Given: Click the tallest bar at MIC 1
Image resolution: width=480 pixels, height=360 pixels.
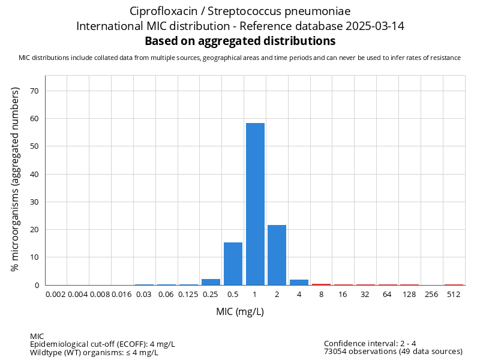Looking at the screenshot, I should [255, 204].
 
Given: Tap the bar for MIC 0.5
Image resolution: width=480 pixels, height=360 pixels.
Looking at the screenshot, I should [233, 264].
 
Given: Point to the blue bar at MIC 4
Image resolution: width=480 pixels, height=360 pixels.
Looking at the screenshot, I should [299, 282].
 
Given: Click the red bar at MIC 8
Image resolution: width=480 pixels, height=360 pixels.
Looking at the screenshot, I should [321, 284].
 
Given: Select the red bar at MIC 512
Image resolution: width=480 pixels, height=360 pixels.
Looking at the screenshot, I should [454, 284].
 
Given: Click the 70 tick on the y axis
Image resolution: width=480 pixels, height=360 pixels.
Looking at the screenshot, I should [34, 91].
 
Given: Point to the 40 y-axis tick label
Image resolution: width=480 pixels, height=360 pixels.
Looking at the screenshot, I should [34, 175].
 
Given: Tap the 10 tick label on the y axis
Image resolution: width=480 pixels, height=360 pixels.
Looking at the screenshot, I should [34, 257].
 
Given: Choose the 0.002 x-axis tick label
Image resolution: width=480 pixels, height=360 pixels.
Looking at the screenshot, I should [56, 294].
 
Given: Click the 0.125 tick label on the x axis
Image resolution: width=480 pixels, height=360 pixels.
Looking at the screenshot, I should [188, 294].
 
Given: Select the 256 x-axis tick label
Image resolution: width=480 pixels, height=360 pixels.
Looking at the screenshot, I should [431, 294].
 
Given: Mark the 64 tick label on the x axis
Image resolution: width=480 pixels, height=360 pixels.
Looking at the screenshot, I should [387, 294].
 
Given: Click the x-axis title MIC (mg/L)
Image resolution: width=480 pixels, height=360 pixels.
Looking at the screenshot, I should [240, 311].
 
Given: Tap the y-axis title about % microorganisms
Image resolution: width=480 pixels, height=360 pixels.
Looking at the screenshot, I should [16, 179].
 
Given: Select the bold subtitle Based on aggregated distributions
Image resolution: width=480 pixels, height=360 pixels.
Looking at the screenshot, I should [240, 41].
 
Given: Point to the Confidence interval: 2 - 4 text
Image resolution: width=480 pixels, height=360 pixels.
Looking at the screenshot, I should [370, 344].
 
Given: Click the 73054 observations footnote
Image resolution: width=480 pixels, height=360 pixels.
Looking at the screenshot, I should [393, 352].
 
